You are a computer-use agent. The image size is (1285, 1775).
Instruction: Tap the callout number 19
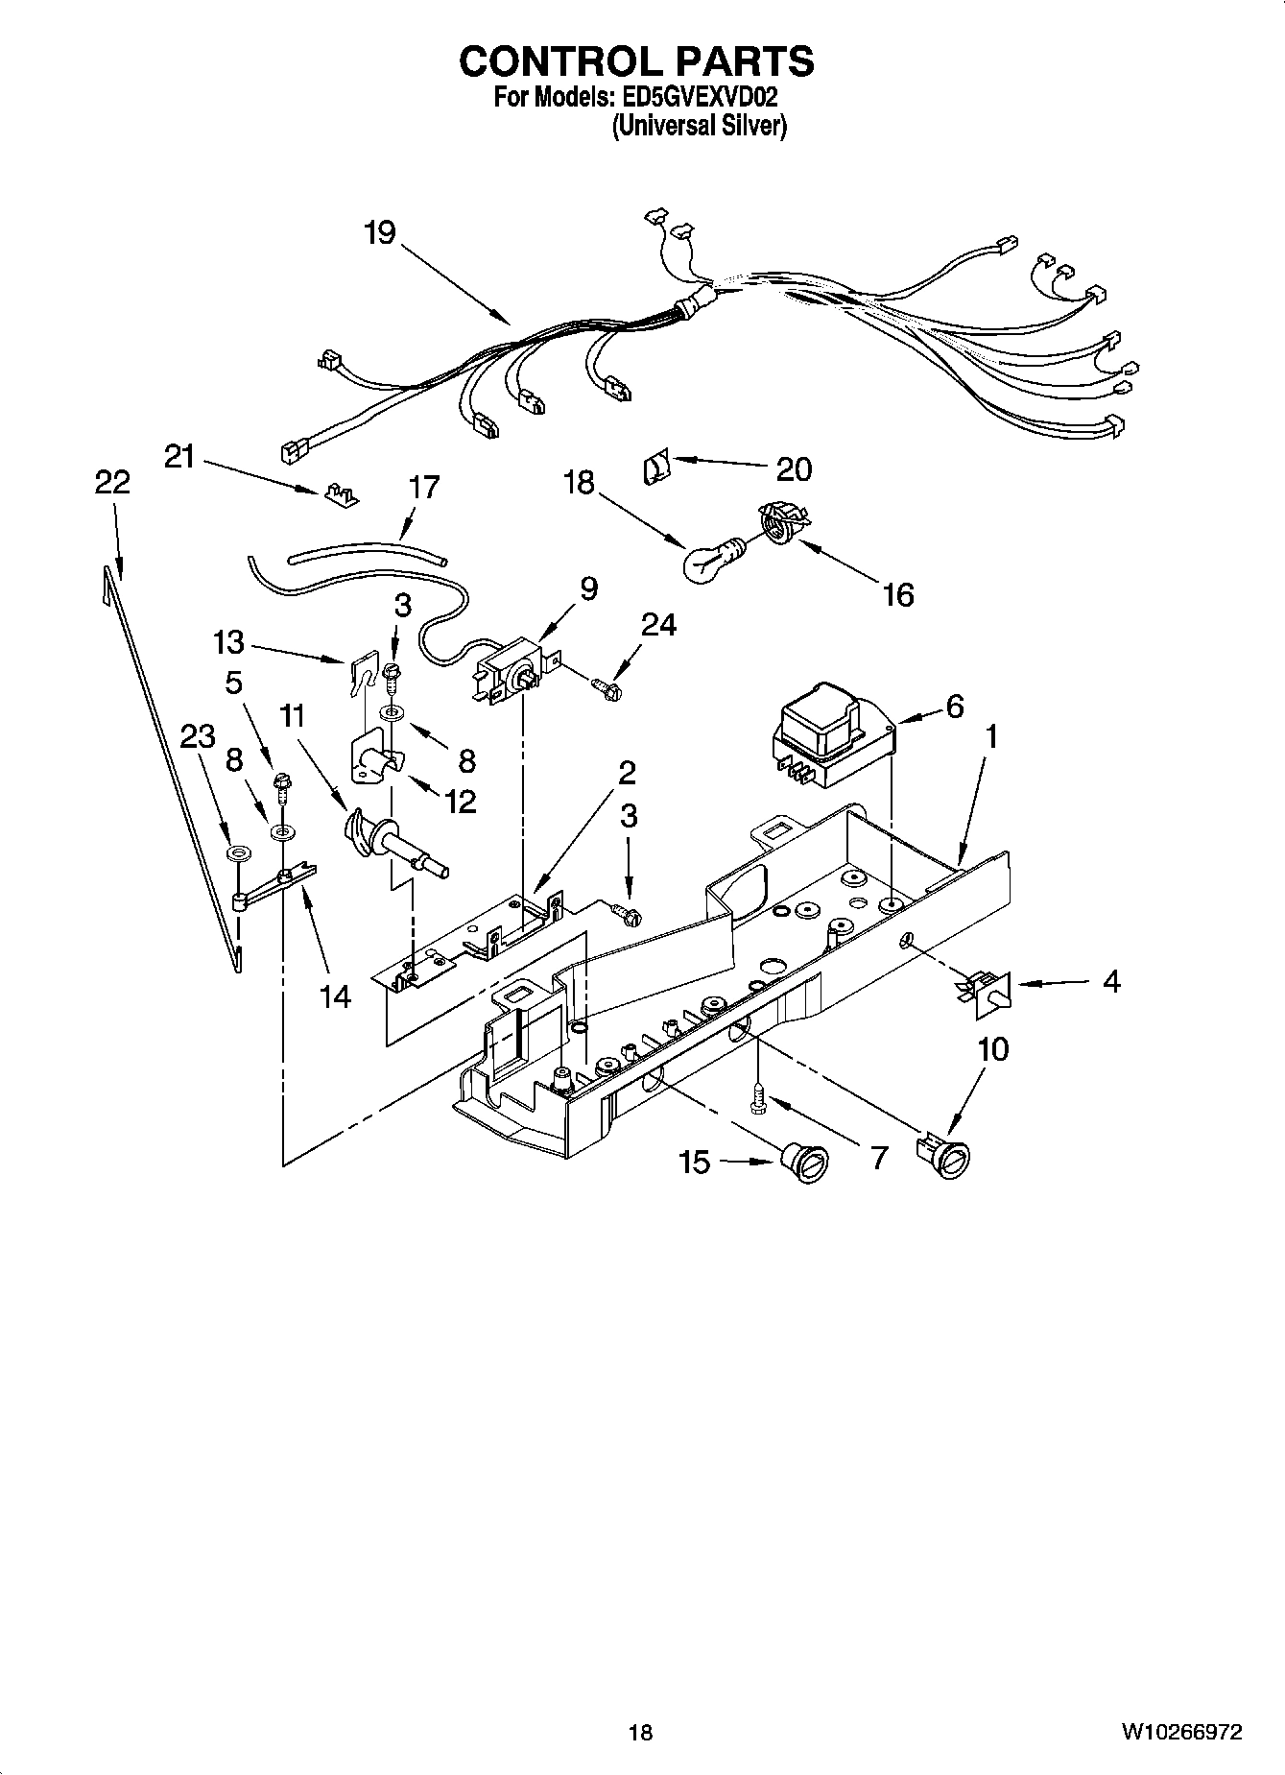point(380,232)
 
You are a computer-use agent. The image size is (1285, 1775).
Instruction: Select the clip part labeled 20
point(654,469)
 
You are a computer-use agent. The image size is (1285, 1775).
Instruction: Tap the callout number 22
point(111,482)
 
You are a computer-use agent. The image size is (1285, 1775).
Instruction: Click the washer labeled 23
point(234,853)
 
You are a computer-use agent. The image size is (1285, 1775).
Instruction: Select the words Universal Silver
point(700,126)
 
